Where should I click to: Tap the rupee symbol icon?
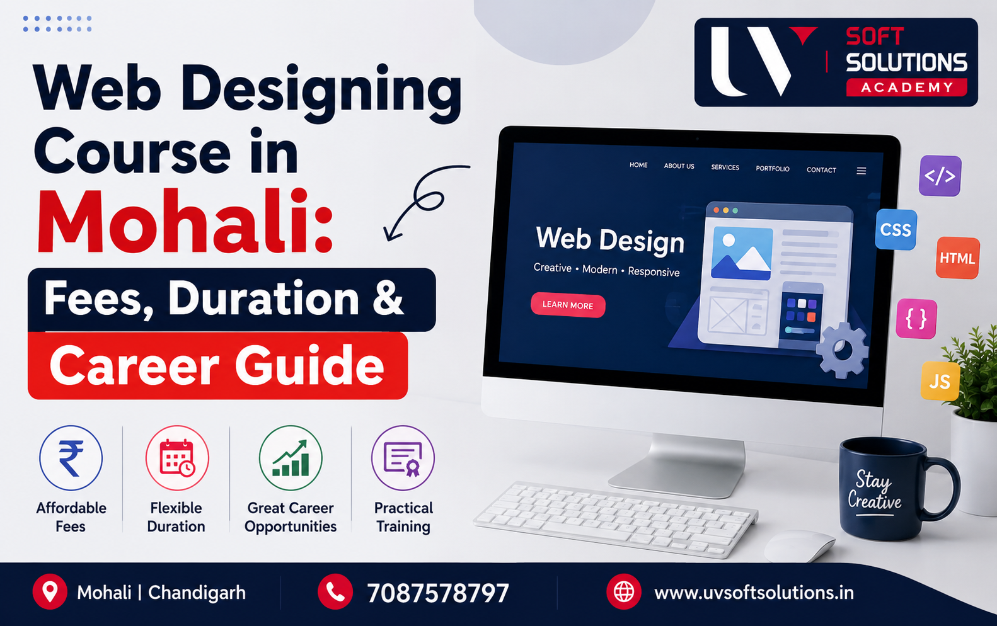(x=71, y=458)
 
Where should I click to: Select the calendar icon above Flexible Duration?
(x=177, y=458)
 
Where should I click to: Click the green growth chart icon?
(x=291, y=458)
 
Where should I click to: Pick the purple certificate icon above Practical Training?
(x=403, y=458)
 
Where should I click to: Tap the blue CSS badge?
(x=896, y=230)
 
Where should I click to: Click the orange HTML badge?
(x=957, y=258)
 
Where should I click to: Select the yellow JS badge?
(x=940, y=381)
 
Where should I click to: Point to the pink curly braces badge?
(x=916, y=319)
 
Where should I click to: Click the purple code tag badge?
(x=940, y=176)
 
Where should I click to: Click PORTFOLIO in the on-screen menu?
(x=773, y=169)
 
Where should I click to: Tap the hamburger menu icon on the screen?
(x=862, y=171)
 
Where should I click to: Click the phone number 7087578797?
(x=438, y=593)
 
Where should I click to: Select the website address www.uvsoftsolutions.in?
(x=754, y=593)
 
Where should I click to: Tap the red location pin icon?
(x=50, y=592)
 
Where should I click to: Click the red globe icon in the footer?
(x=623, y=592)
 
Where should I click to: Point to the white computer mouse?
(x=799, y=545)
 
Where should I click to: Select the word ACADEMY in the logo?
(x=907, y=87)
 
